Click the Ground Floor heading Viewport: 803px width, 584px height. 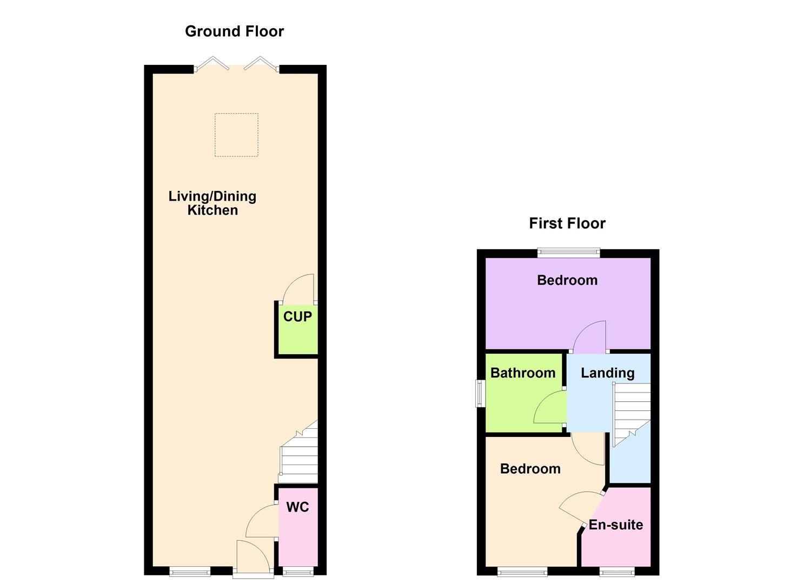234,31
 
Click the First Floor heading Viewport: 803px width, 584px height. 567,223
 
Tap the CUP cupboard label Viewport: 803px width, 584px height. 297,316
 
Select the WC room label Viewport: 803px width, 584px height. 297,507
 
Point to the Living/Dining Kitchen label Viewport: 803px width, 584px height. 212,203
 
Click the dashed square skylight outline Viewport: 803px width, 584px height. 236,135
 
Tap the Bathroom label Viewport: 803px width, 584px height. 522,373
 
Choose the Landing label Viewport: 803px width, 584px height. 607,373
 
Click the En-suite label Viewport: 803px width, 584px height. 615,525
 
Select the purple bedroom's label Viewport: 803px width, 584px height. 567,280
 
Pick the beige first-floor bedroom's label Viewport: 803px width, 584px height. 530,468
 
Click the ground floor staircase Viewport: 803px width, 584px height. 299,457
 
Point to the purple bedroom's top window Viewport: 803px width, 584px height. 568,252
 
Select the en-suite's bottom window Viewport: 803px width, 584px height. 616,571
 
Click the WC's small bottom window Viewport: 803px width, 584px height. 298,571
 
